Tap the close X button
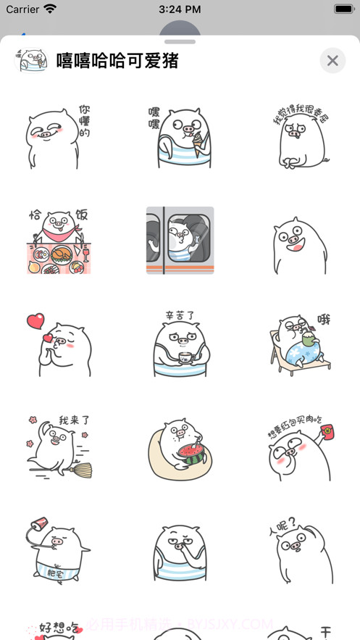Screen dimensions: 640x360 (x=332, y=61)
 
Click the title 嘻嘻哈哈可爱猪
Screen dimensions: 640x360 (x=117, y=61)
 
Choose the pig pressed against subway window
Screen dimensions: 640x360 (x=180, y=241)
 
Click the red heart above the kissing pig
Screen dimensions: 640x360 (x=35, y=321)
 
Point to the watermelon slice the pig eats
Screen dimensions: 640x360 (x=191, y=454)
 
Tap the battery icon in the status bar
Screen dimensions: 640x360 (x=343, y=9)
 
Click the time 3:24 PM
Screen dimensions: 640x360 (x=180, y=9)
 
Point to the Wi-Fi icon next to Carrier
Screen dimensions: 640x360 (x=50, y=9)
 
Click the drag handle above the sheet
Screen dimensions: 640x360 (x=180, y=41)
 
